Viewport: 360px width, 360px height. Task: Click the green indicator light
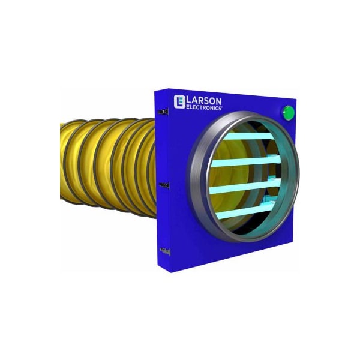[x=288, y=113]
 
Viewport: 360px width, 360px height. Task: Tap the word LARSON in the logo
[x=204, y=101]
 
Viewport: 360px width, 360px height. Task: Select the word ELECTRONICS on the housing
[x=204, y=107]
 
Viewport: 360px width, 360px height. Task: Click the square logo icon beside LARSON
[x=179, y=101]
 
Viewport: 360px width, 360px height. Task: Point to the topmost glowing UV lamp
[x=248, y=136]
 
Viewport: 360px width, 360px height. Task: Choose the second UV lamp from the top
[x=246, y=161]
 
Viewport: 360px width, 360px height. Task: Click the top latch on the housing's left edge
[x=163, y=112]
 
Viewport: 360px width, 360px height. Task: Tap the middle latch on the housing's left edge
[x=164, y=185]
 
